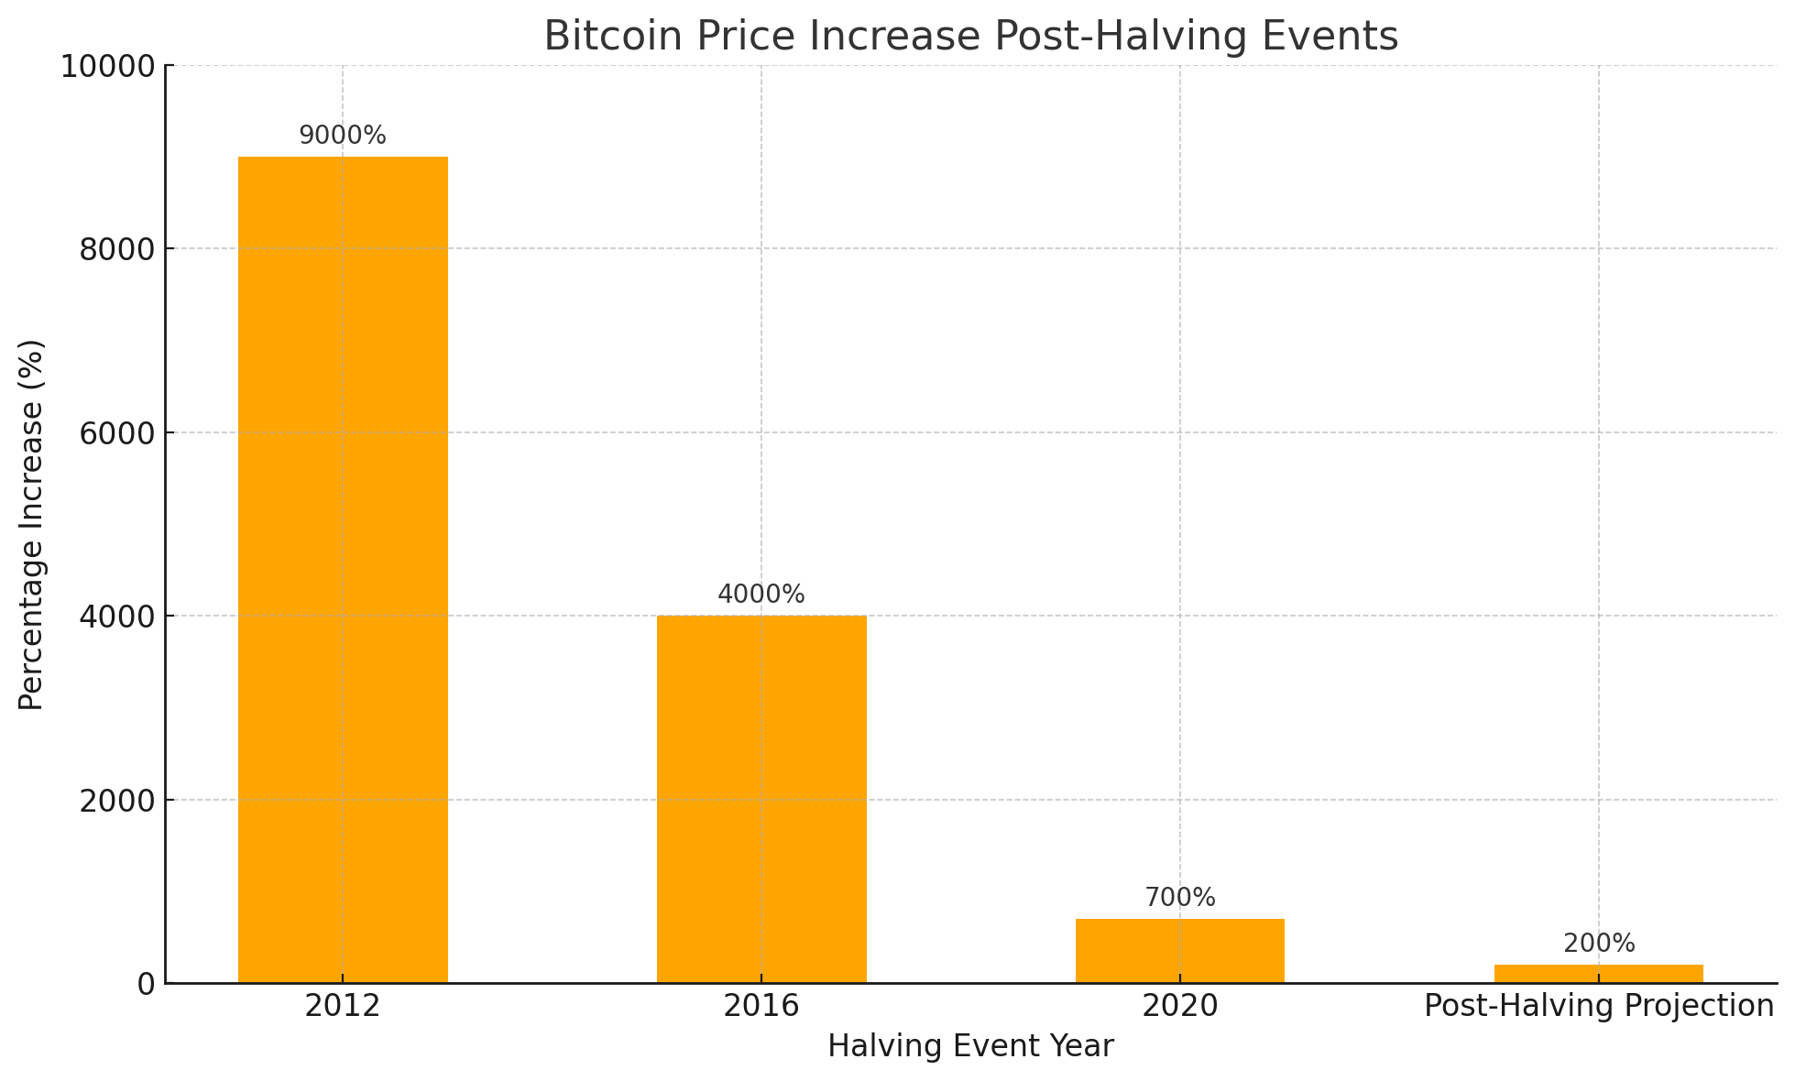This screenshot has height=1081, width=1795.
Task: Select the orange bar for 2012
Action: (343, 568)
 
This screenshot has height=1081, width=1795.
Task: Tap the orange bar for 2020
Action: (1179, 951)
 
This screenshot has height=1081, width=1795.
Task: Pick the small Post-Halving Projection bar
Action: (1598, 974)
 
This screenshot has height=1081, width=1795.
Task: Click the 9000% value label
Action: (343, 136)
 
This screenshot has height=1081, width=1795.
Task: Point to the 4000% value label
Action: (761, 595)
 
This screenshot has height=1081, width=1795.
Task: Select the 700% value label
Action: (1179, 898)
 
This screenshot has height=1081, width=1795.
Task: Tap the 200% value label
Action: (1598, 944)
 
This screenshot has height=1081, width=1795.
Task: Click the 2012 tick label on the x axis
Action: (343, 1007)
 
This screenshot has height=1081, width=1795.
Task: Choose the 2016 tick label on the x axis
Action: (761, 1007)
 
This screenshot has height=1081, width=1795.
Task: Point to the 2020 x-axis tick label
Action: (1179, 1007)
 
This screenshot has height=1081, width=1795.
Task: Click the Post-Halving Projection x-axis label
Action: (1598, 1007)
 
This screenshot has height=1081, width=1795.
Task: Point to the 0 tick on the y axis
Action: (146, 984)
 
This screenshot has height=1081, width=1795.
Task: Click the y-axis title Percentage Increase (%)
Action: (32, 524)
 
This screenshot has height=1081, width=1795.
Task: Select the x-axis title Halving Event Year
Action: (970, 1046)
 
